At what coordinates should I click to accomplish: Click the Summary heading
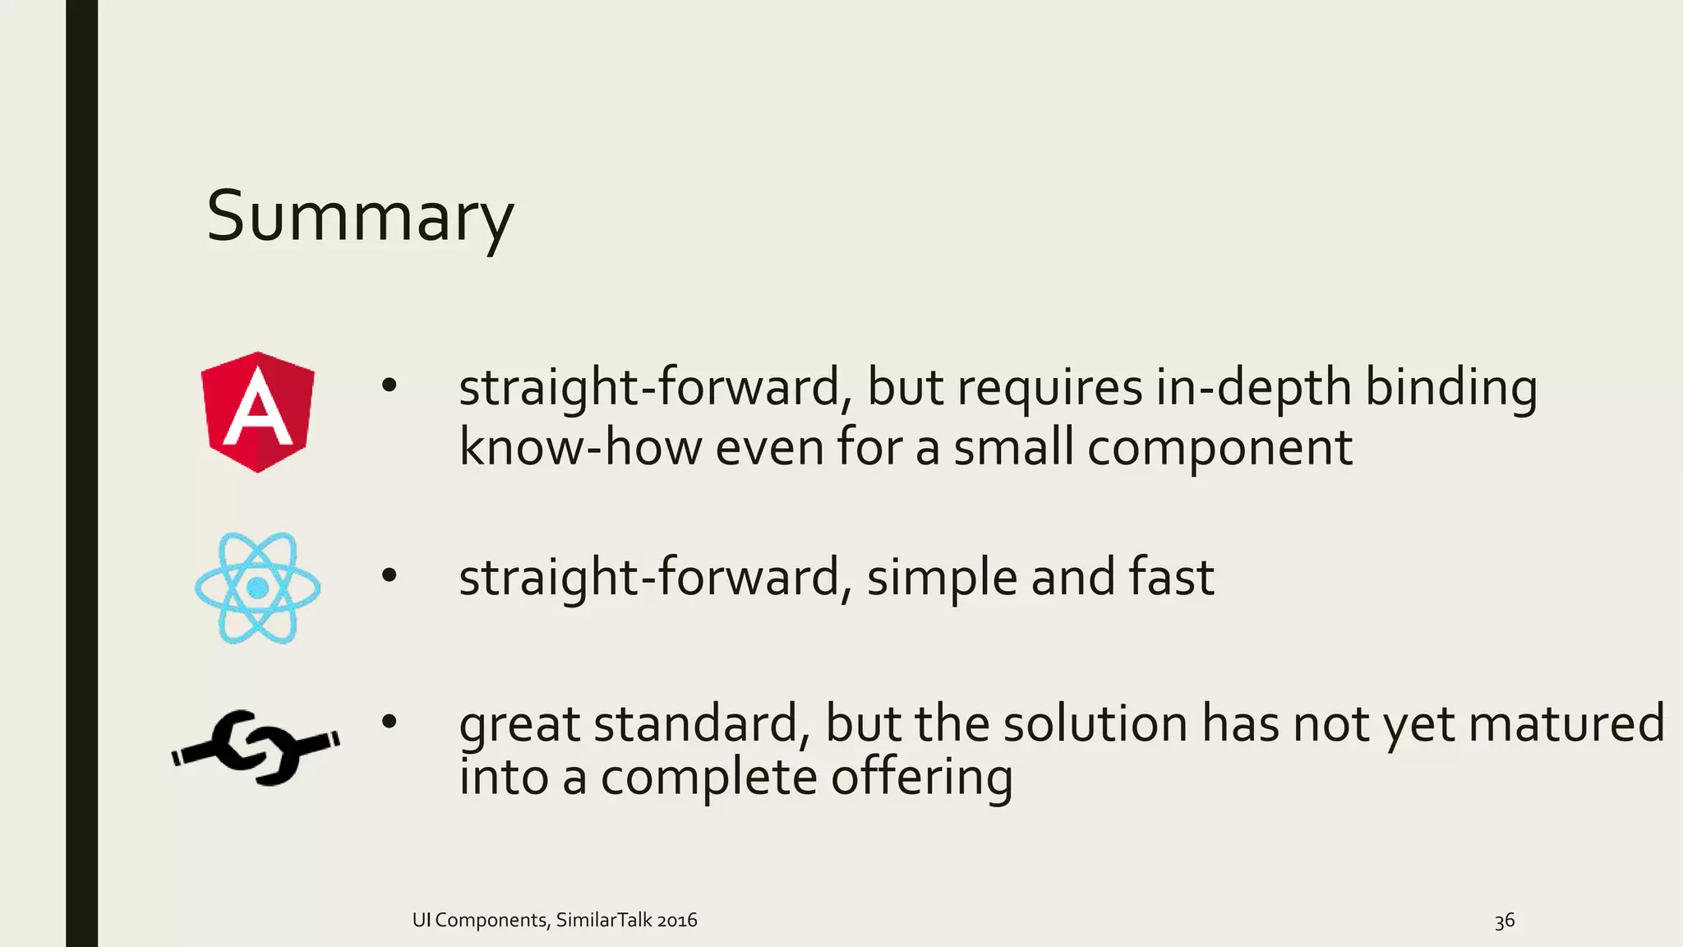coord(359,216)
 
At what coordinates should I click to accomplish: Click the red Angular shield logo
coord(257,412)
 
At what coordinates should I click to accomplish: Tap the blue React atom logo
coord(257,587)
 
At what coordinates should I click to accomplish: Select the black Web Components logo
coord(256,746)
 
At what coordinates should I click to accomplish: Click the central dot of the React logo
coord(257,587)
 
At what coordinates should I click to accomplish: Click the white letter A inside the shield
coord(257,408)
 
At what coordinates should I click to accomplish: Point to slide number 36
coord(1504,921)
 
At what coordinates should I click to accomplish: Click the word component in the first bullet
coord(1220,449)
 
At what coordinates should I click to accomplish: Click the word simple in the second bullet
coord(942,578)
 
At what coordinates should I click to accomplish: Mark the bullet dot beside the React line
coord(389,576)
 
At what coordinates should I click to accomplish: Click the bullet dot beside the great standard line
coord(389,723)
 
